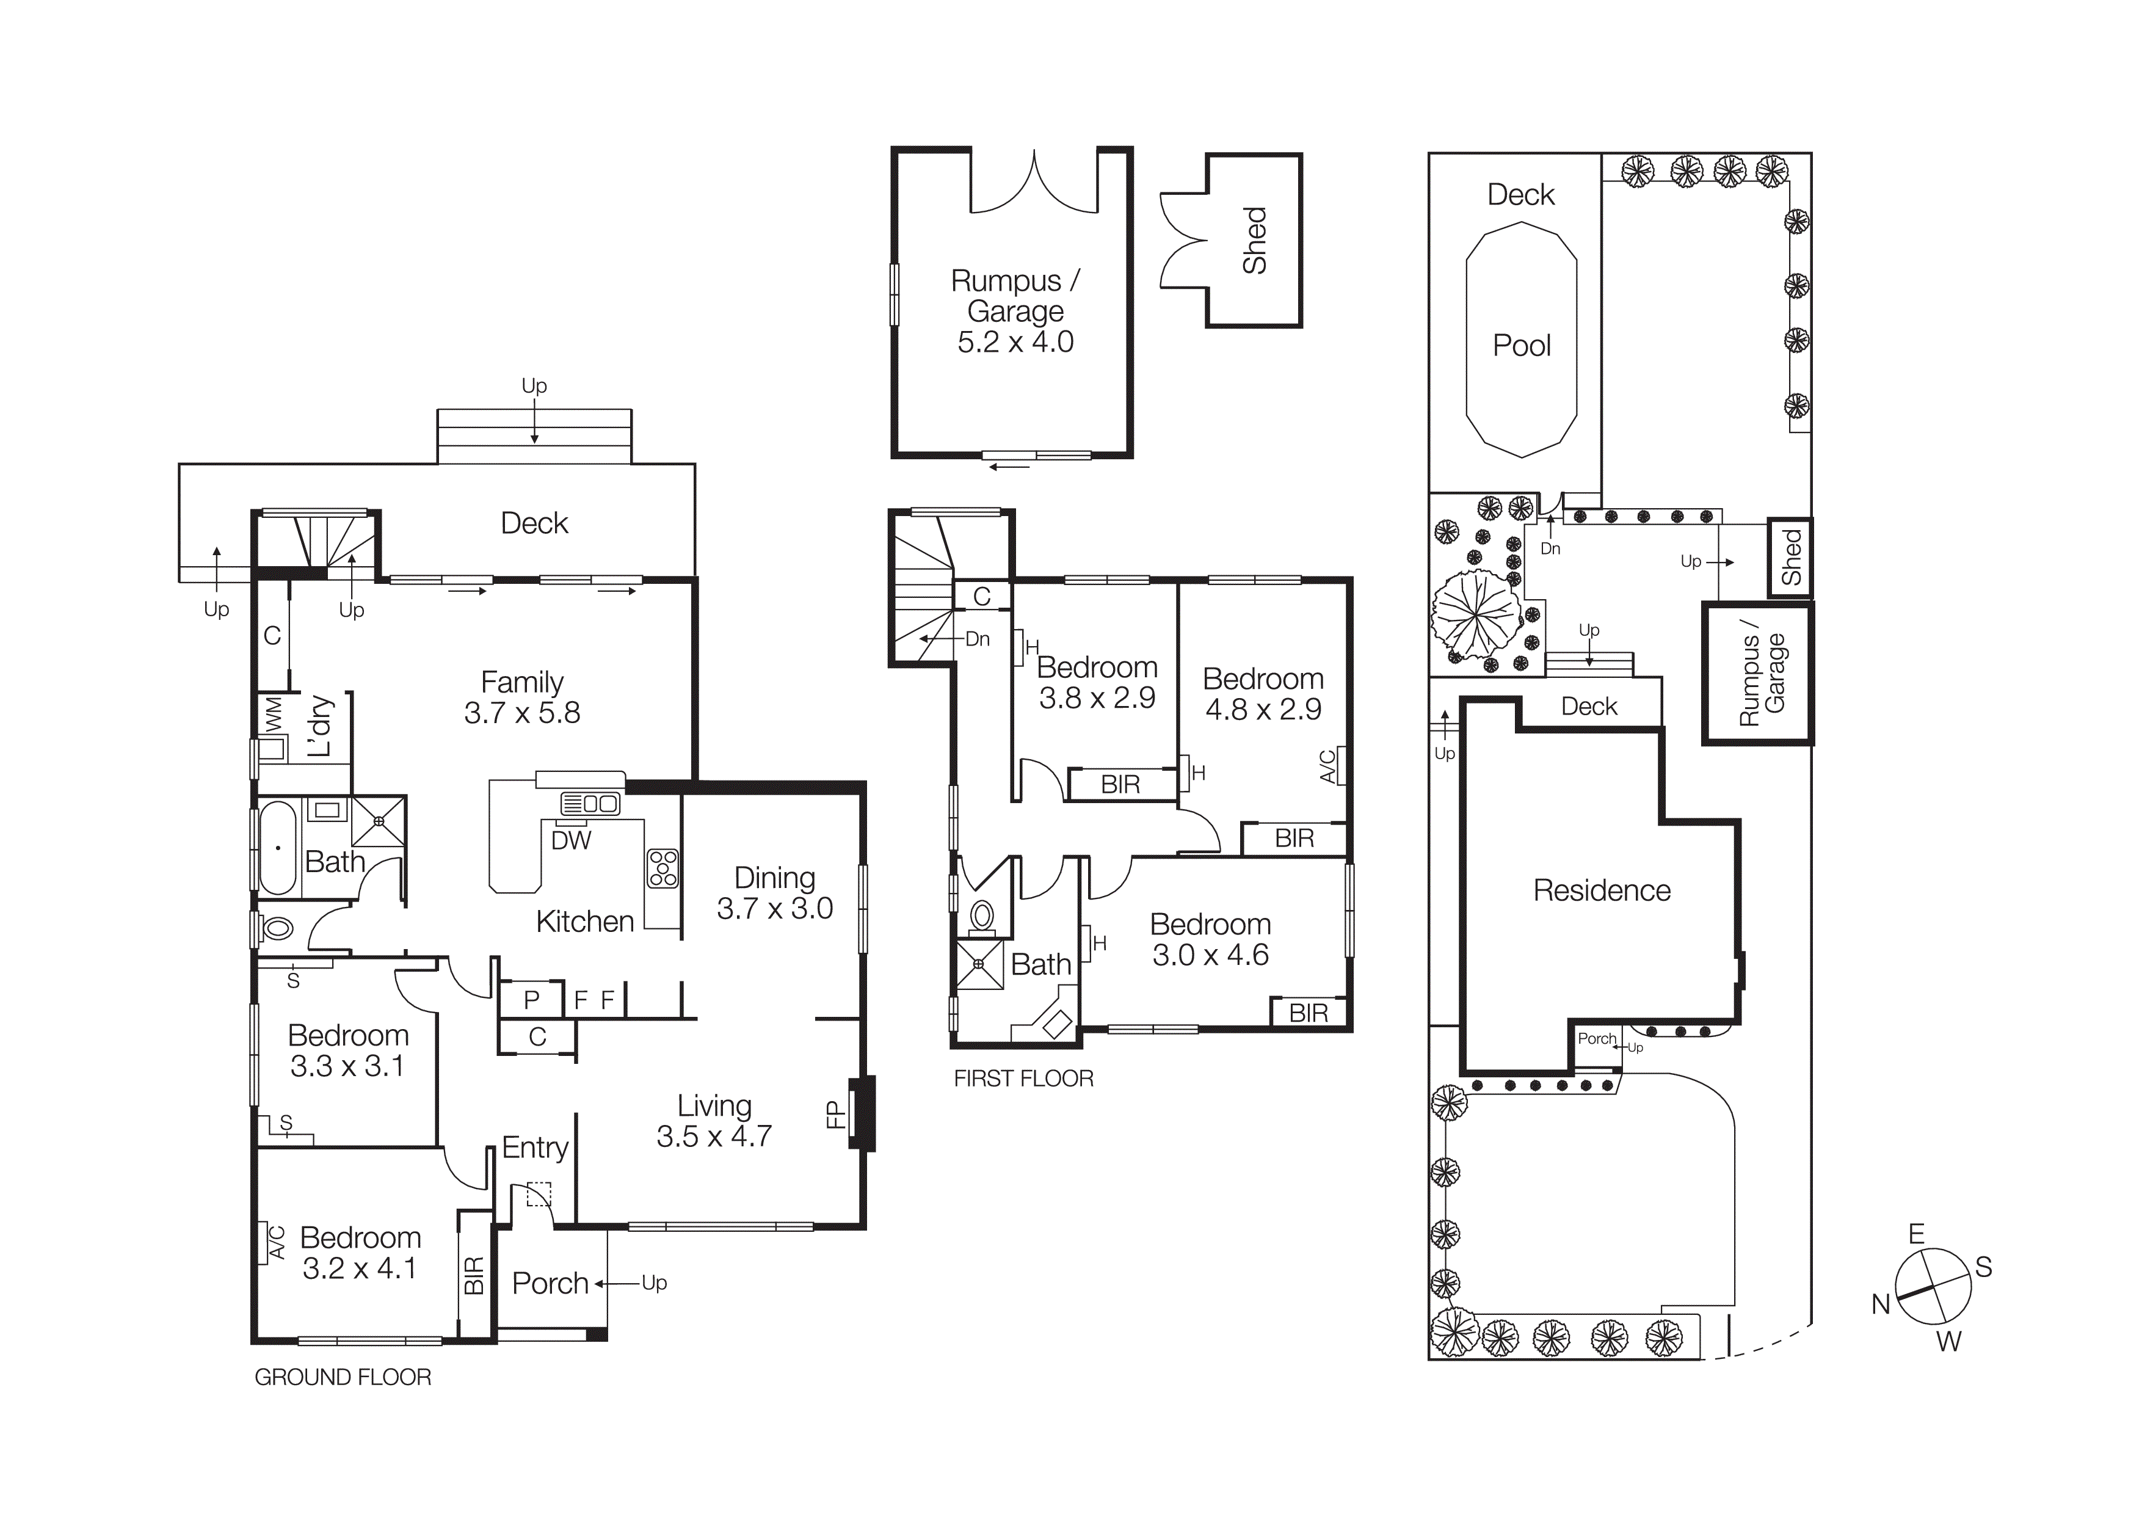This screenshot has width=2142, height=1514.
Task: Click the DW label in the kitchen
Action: pyautogui.click(x=571, y=840)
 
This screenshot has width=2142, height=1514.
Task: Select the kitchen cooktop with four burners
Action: pyautogui.click(x=663, y=867)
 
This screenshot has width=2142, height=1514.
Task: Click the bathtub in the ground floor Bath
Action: pyautogui.click(x=277, y=848)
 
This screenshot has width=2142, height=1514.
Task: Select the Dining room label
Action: pyautogui.click(x=774, y=878)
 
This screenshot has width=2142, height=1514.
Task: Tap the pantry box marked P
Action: pyautogui.click(x=531, y=1000)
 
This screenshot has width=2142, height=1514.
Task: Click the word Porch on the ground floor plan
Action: pyautogui.click(x=550, y=1284)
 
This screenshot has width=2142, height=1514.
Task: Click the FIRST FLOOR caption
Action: pyautogui.click(x=1023, y=1079)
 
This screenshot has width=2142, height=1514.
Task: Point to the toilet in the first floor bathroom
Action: pyautogui.click(x=981, y=916)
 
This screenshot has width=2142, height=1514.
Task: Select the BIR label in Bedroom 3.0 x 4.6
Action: pyautogui.click(x=1308, y=1013)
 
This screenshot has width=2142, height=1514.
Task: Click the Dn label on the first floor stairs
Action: pyautogui.click(x=977, y=639)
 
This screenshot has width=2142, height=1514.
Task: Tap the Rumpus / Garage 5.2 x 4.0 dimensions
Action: pyautogui.click(x=1015, y=341)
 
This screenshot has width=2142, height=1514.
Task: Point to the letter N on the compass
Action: pyautogui.click(x=1880, y=1304)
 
